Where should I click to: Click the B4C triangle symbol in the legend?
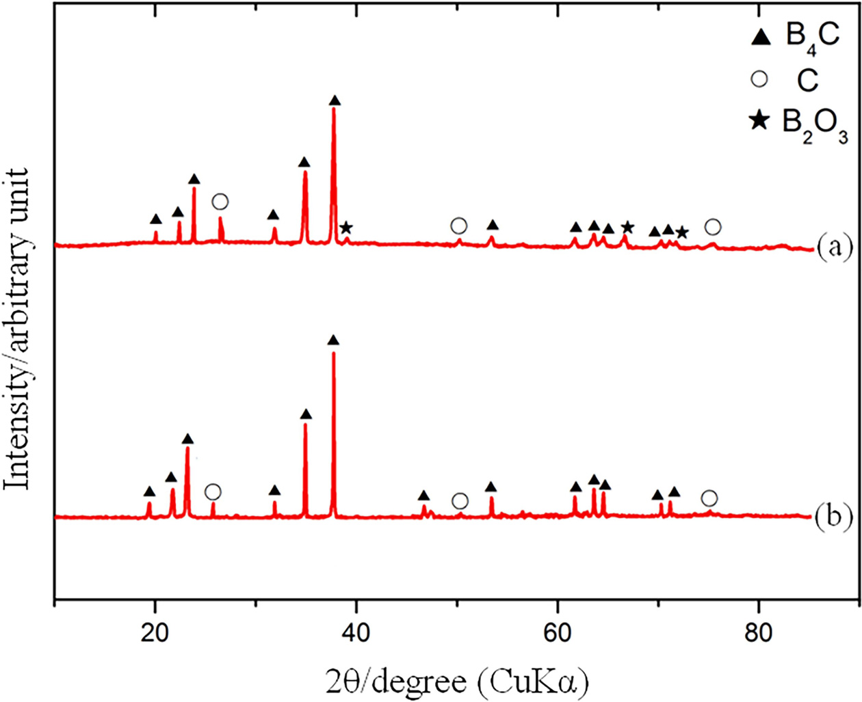click(761, 38)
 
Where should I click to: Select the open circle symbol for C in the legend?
click(759, 79)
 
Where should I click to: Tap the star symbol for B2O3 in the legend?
click(759, 122)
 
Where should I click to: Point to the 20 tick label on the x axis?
click(155, 633)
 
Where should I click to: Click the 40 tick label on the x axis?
click(356, 633)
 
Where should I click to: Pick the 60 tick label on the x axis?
click(557, 633)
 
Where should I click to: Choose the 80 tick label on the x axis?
click(758, 633)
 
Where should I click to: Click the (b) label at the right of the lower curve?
click(835, 517)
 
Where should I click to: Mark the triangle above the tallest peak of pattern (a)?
click(335, 101)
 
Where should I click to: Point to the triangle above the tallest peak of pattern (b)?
click(333, 340)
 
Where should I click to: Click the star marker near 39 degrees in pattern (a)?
click(346, 227)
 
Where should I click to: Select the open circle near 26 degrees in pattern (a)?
click(220, 202)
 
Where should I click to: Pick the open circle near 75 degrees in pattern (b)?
click(709, 498)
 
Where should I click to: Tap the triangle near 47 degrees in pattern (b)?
click(424, 496)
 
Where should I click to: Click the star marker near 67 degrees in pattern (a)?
click(627, 227)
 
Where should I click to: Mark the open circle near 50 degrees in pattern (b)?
click(460, 502)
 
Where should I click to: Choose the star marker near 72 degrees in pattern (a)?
click(681, 232)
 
